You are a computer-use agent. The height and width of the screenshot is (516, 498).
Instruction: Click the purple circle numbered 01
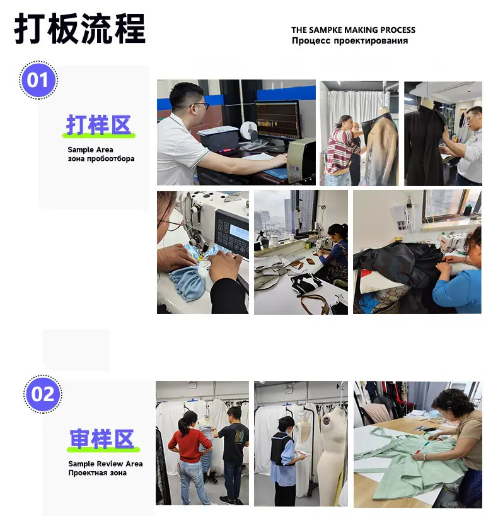point(38,80)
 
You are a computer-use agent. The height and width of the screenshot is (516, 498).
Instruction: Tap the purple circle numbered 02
point(43,394)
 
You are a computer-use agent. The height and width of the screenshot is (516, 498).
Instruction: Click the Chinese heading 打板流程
point(80,28)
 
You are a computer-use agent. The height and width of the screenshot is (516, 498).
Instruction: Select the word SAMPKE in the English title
point(327,30)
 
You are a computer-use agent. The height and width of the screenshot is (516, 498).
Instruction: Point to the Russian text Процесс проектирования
point(350,41)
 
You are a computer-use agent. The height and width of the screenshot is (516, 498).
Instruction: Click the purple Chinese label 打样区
point(98,125)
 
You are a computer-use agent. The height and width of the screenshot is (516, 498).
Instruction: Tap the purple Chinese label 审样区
point(102,438)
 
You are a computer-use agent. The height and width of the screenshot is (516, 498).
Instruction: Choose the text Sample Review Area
point(105,464)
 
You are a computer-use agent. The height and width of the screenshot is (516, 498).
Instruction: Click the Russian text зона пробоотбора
point(101,158)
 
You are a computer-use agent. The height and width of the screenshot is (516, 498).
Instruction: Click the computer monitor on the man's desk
point(278,120)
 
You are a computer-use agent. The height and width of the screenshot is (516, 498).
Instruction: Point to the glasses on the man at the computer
point(200,105)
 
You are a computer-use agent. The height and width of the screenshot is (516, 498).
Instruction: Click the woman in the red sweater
point(189,457)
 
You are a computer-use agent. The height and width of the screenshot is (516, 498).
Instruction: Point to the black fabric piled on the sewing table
point(398,262)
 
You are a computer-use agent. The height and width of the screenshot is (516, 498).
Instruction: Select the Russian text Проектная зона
point(97,473)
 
